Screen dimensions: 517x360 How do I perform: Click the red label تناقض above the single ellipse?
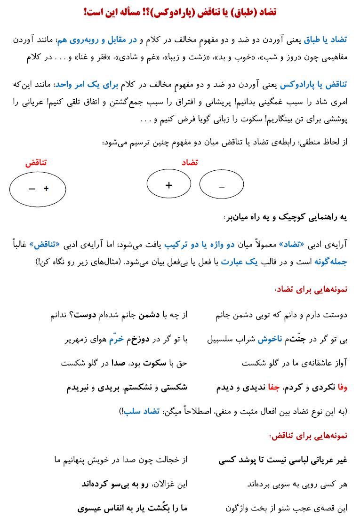(36, 163)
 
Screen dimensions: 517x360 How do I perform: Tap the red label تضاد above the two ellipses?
(190, 162)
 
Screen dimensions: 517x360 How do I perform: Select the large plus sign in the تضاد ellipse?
(169, 185)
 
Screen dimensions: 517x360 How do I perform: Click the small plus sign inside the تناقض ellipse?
(46, 189)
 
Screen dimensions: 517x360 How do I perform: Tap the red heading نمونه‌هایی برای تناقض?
(310, 436)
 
